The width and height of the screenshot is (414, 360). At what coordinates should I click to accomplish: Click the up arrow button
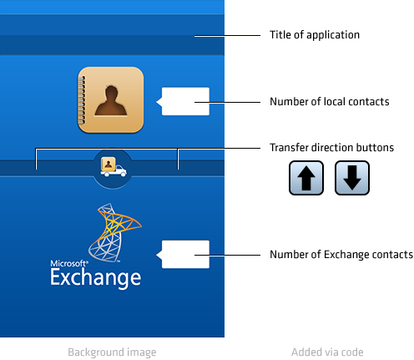pos(306,178)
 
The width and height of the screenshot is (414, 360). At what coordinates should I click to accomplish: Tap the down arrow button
pos(352,178)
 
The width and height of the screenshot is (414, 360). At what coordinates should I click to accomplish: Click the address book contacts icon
pos(111,99)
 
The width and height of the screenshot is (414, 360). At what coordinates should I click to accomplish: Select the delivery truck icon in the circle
pos(114,167)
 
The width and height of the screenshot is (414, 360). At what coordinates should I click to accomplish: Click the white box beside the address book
pos(184,101)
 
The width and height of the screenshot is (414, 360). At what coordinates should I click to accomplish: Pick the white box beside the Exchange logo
pos(184,255)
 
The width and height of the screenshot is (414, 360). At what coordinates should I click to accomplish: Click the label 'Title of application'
pos(315,35)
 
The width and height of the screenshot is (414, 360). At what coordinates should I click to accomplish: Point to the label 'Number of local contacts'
pos(330,102)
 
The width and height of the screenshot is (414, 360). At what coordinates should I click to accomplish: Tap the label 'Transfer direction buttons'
pos(331,147)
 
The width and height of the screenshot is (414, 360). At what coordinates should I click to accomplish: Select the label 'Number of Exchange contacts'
pos(341,255)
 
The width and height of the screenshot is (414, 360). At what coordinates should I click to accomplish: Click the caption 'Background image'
pos(112,352)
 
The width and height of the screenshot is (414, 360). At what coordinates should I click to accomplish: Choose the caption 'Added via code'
pos(327,352)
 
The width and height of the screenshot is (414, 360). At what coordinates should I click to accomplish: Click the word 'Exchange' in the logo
pos(96,278)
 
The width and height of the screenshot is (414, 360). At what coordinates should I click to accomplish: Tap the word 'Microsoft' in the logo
pos(69,263)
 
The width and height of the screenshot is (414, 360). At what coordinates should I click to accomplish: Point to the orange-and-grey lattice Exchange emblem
pos(115,232)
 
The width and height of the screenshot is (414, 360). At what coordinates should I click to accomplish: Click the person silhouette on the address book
pos(111,100)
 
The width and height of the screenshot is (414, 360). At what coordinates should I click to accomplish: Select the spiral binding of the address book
pos(82,100)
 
